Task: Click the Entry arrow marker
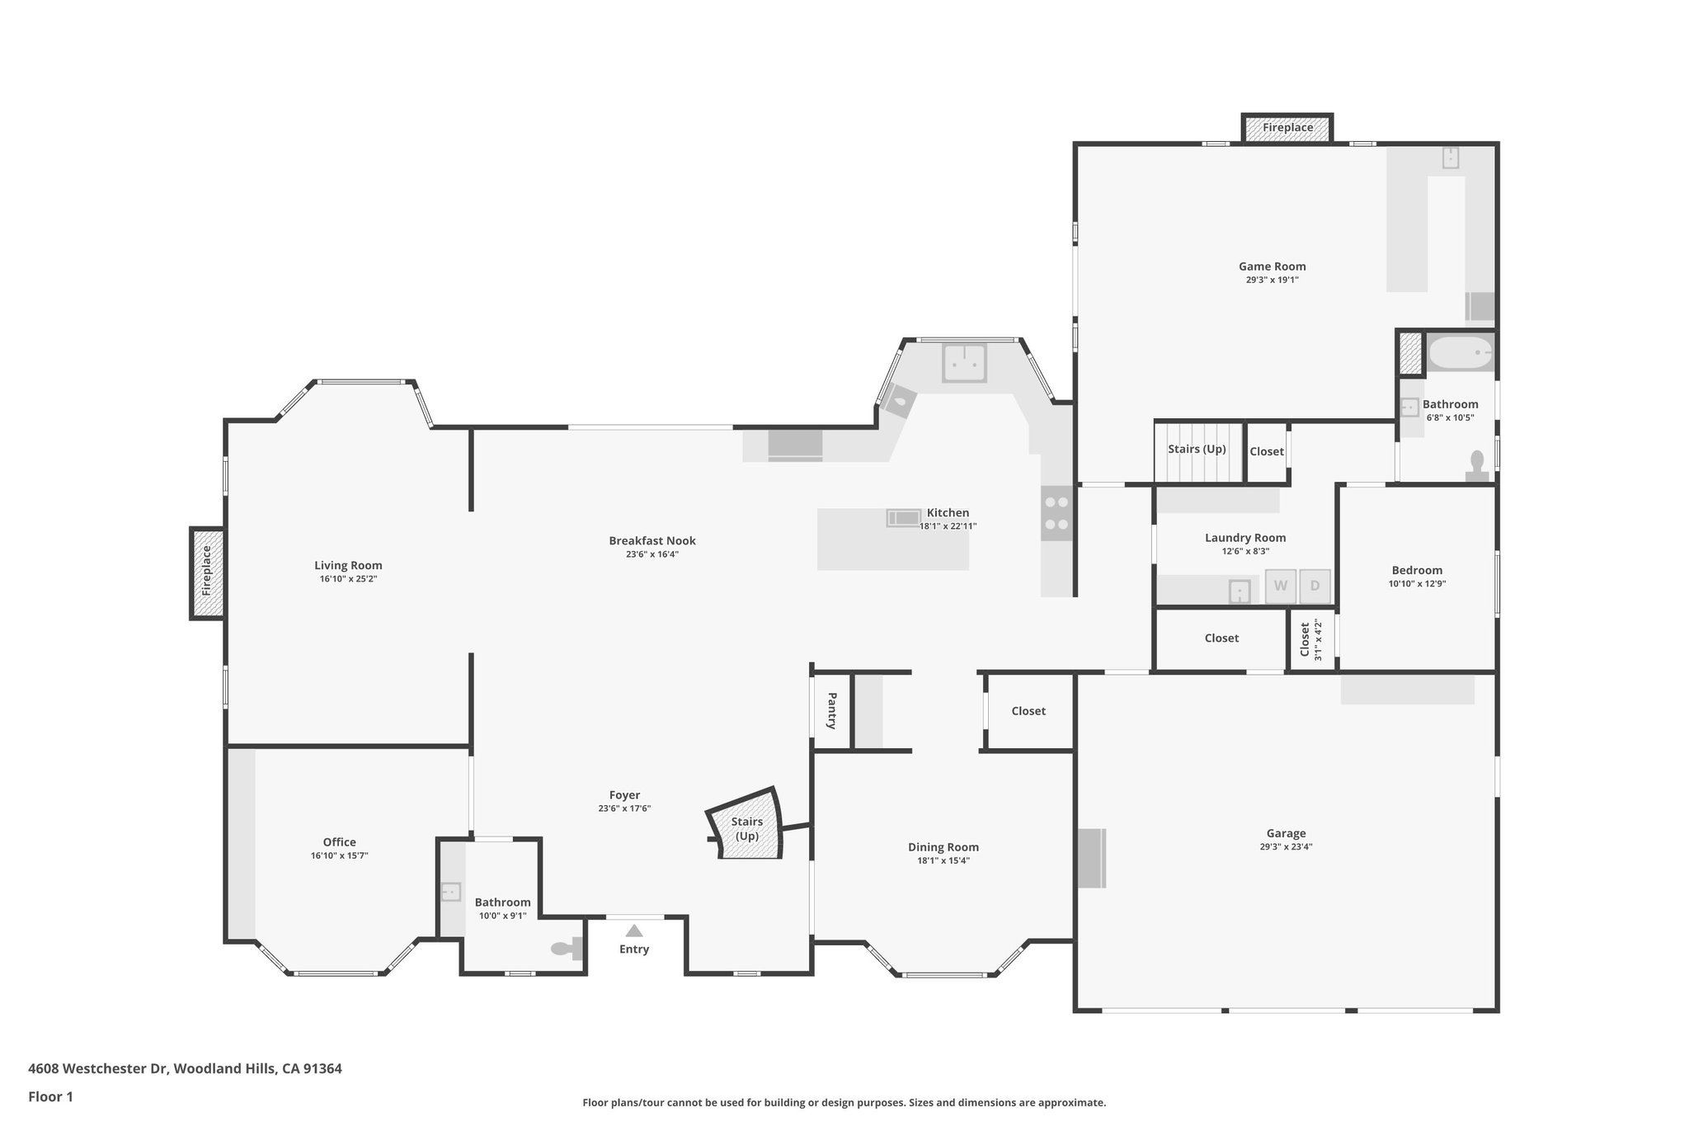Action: click(x=633, y=930)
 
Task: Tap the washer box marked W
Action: click(x=1281, y=586)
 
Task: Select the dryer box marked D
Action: click(x=1315, y=586)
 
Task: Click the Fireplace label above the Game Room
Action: click(x=1287, y=128)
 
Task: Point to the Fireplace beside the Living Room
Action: click(x=207, y=572)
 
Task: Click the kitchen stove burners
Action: click(x=1056, y=512)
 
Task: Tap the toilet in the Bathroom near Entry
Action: click(x=566, y=949)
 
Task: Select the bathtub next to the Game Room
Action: click(x=1461, y=354)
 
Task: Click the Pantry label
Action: click(x=831, y=710)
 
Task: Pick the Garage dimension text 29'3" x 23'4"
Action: click(x=1286, y=846)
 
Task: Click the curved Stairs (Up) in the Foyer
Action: click(x=746, y=828)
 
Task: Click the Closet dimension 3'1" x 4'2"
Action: click(x=1318, y=639)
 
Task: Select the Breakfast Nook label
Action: click(x=652, y=541)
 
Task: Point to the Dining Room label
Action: click(x=943, y=847)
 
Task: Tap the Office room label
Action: click(x=339, y=842)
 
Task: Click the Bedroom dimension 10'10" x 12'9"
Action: click(x=1417, y=584)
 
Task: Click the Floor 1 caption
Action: click(x=50, y=1097)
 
